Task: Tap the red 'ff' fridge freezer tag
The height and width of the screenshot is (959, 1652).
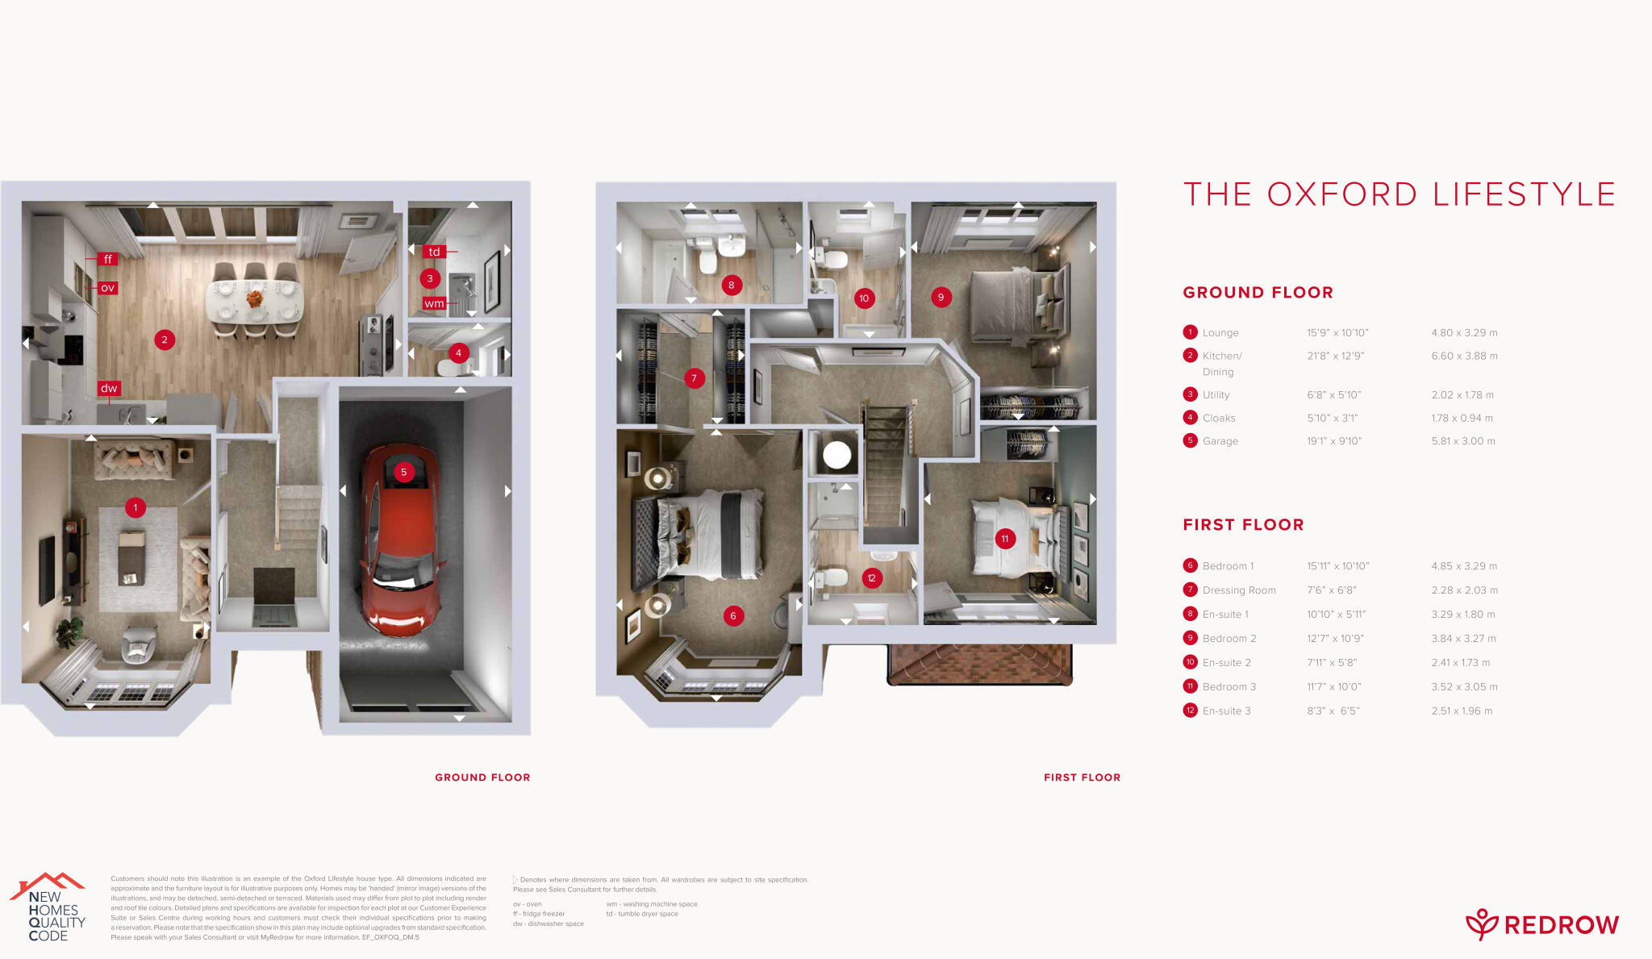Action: pos(108,259)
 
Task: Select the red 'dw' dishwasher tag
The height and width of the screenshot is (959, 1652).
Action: pos(109,388)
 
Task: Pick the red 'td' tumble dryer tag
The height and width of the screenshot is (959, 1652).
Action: pos(434,252)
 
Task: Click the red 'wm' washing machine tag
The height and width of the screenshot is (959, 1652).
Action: pos(434,303)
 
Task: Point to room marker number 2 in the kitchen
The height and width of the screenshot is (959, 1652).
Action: pos(165,340)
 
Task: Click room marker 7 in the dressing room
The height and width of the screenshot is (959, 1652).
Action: pos(694,377)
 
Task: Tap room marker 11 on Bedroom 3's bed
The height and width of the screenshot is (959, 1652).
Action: pos(1005,538)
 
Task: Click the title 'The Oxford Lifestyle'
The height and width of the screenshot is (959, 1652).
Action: pos(1399,194)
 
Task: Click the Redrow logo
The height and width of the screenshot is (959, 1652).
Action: pos(1541,924)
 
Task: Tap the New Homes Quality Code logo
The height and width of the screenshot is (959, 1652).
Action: pos(48,907)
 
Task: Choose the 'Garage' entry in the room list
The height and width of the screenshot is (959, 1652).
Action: pos(1220,441)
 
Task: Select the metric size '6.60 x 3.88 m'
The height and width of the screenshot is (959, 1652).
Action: pos(1464,356)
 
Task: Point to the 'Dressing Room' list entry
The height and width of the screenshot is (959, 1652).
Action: pos(1239,590)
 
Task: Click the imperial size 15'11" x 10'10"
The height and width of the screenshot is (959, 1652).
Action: pos(1337,566)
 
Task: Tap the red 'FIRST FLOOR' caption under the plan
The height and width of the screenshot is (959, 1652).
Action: pos(1082,778)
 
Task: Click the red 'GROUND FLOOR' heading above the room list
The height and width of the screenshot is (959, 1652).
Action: pos(1258,293)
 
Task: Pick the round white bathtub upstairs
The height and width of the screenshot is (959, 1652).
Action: pos(837,455)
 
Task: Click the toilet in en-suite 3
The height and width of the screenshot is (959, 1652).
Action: pos(831,579)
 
